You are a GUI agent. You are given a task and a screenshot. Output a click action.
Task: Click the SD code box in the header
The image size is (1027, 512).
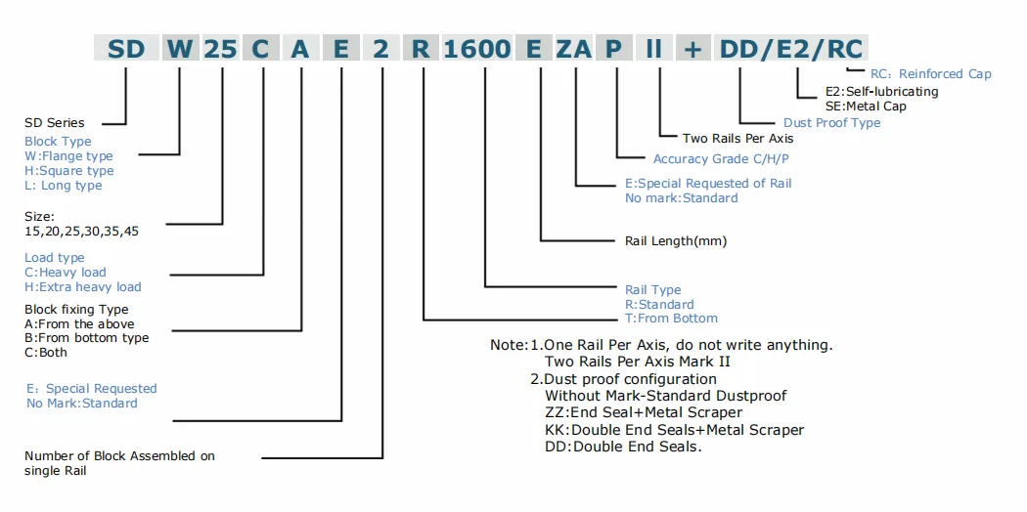(x=126, y=48)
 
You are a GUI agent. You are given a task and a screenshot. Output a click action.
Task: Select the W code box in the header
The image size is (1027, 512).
(x=179, y=48)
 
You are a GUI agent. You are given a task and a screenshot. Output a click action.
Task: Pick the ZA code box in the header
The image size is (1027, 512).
(x=573, y=48)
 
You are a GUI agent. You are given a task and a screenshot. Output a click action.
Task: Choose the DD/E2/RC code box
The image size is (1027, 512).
(x=792, y=48)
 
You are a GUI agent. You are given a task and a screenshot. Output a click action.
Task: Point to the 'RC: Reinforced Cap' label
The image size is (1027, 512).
(x=930, y=74)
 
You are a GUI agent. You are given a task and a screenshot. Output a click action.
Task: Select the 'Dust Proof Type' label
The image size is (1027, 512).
(x=831, y=123)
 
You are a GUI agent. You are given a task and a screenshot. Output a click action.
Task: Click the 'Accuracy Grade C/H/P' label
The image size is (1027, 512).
(x=723, y=159)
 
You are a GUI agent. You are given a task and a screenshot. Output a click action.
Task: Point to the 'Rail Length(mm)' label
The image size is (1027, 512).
(x=676, y=240)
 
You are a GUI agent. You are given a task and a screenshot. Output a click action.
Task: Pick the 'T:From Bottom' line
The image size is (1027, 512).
(x=671, y=319)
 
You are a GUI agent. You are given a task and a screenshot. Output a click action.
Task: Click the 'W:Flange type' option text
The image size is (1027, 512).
(x=68, y=156)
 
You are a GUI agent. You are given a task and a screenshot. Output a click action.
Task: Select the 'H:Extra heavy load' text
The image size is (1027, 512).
(x=83, y=287)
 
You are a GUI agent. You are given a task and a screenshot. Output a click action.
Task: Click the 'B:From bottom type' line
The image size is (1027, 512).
(x=87, y=338)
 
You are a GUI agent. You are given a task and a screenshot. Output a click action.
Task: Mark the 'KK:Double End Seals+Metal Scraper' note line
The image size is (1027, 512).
(x=674, y=430)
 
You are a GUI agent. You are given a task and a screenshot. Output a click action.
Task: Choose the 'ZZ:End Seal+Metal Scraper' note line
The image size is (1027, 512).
(x=643, y=413)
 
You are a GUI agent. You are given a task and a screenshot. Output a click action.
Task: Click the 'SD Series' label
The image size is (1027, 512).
(x=55, y=123)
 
